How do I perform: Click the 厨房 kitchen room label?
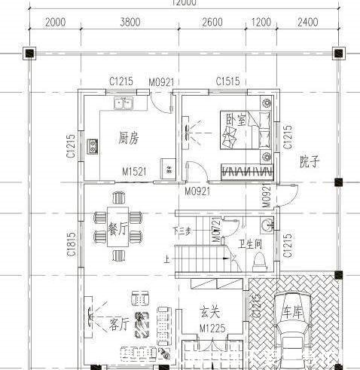pos(129,138)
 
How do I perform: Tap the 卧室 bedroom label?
pos(233,119)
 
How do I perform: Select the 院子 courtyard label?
pos(310,161)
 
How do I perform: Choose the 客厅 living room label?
pos(120,324)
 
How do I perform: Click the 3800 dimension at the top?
pos(130,22)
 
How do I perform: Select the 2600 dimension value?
pos(212,22)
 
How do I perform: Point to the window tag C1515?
pos(228,81)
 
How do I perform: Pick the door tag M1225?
pos(213,329)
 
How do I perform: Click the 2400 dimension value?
pos(308,22)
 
